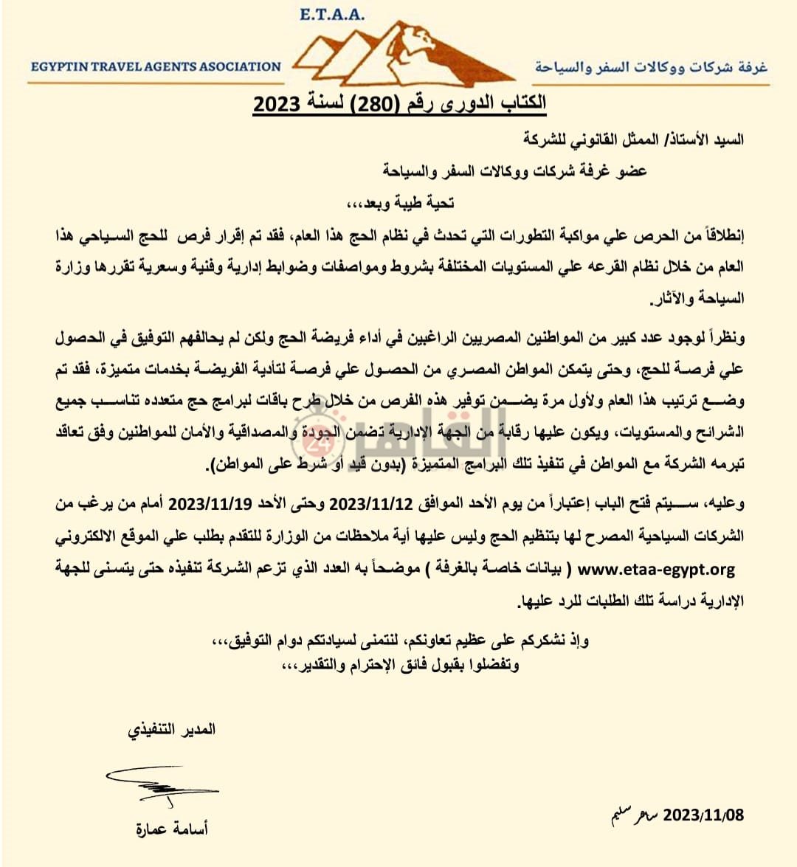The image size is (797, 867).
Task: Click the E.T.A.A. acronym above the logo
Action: pos(332,14)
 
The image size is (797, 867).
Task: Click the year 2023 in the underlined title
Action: pos(277,104)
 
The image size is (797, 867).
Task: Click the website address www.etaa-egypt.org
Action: pos(656,570)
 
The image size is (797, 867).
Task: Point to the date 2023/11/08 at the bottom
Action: pos(703,815)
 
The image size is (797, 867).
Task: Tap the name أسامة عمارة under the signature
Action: pos(172,829)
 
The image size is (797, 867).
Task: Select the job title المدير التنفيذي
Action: pos(171,730)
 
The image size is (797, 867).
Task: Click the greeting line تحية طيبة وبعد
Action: pos(401,203)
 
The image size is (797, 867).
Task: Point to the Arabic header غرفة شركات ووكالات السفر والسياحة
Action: pos(650,67)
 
